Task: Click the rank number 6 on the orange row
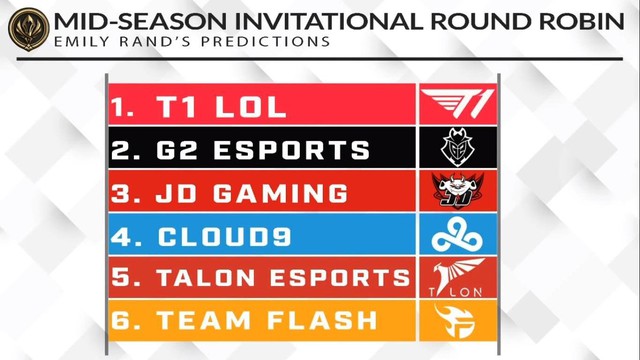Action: [123, 322]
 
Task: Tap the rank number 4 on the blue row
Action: [123, 236]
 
